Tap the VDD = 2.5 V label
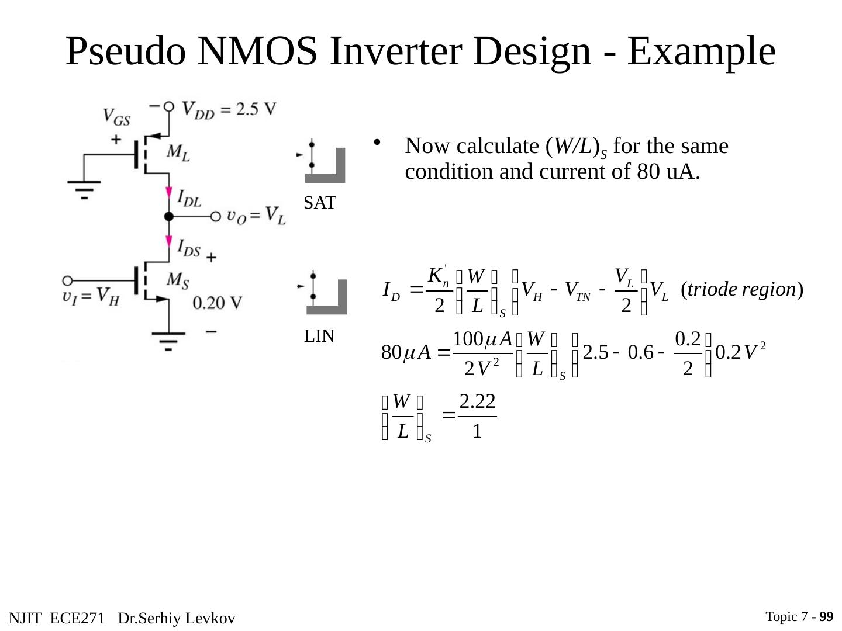click(x=229, y=109)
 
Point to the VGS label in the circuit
click(x=116, y=117)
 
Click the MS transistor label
click(x=178, y=280)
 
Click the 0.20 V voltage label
click(x=216, y=303)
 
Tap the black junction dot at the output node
click(x=169, y=217)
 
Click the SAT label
click(x=320, y=203)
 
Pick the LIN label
click(x=319, y=336)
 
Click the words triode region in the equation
click(x=741, y=289)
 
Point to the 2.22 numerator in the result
click(x=477, y=401)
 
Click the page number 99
click(x=826, y=617)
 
